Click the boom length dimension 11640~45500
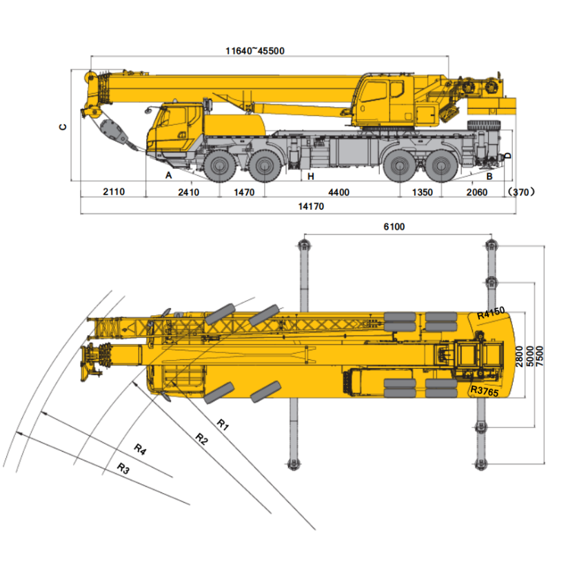tap(255, 50)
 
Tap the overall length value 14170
tap(311, 206)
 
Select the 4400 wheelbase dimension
tap(338, 192)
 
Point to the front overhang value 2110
tap(114, 192)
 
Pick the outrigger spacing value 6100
tap(394, 227)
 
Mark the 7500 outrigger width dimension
tap(539, 356)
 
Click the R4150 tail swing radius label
tap(491, 313)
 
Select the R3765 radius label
tap(484, 391)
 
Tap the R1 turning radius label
tap(223, 425)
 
